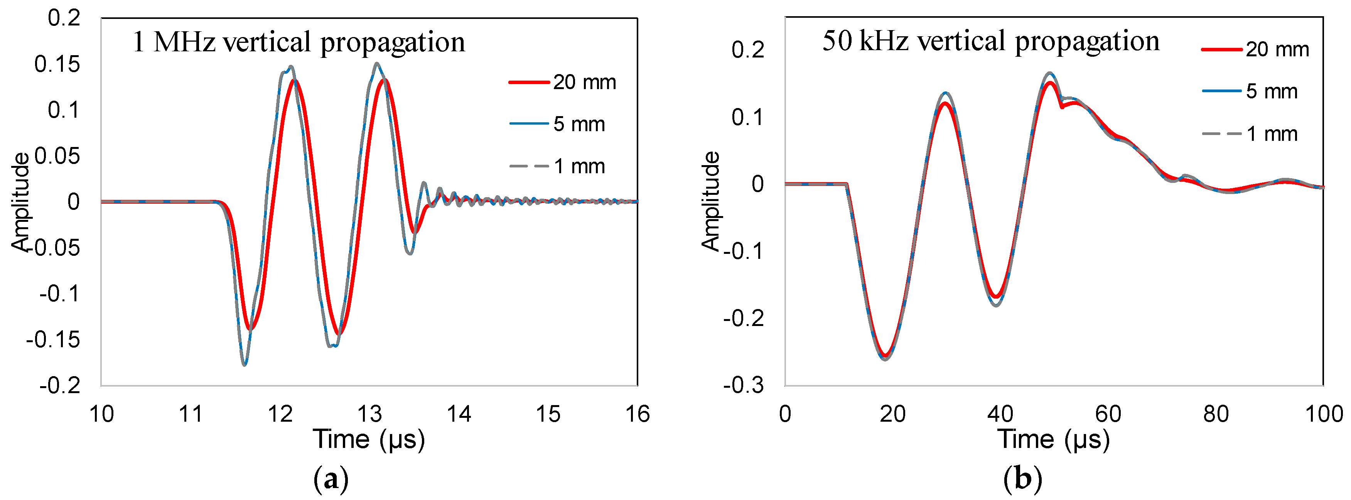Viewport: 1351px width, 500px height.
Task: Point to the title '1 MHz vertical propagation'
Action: (x=299, y=42)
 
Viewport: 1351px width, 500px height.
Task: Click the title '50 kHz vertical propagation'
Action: (x=990, y=41)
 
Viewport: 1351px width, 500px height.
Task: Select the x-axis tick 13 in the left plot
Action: (x=369, y=414)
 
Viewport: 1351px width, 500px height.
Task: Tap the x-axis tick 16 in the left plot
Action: (x=637, y=414)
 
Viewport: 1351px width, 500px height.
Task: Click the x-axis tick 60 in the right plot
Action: (x=1108, y=414)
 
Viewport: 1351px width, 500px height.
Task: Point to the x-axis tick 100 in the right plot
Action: (x=1323, y=414)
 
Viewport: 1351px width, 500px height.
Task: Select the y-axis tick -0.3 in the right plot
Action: (x=743, y=386)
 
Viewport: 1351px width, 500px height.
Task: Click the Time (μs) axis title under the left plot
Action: (x=369, y=439)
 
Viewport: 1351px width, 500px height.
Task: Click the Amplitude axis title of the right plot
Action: (x=711, y=201)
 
